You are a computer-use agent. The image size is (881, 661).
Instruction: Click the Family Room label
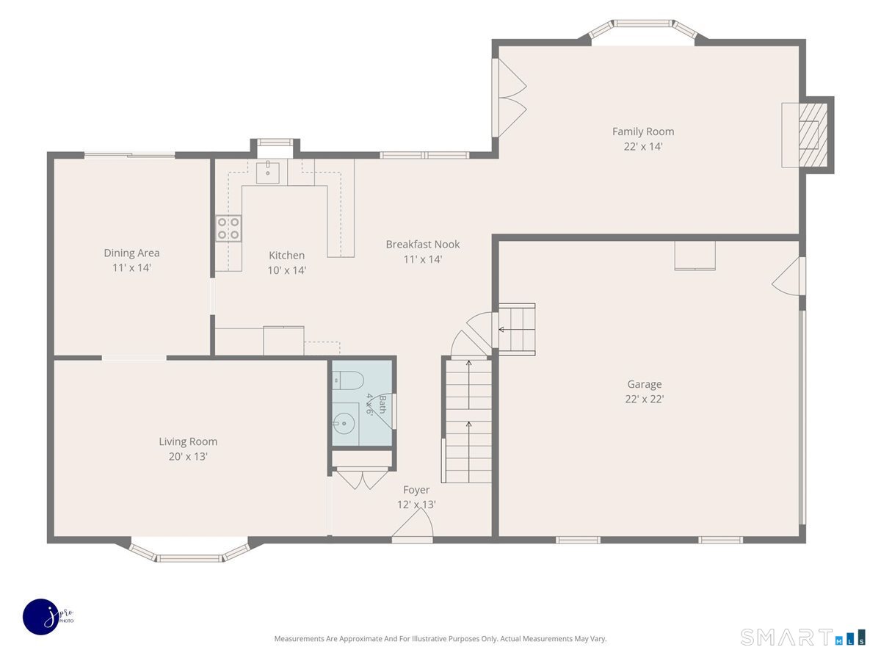pos(642,131)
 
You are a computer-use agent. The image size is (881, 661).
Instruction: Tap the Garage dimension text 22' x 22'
pos(644,399)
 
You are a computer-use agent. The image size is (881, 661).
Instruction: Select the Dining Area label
pos(131,253)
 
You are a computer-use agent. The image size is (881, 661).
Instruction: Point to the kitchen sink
pos(268,172)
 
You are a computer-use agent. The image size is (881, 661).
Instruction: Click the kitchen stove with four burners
pos(228,228)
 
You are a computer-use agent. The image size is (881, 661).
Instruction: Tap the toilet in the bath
pos(347,380)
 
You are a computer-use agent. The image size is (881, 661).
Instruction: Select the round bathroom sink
pos(344,424)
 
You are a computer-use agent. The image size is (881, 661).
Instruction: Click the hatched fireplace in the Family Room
pos(813,135)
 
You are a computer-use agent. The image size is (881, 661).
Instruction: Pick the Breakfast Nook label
pos(423,245)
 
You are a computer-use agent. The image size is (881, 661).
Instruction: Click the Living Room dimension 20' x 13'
pos(188,456)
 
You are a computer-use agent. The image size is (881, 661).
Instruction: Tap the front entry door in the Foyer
pos(413,526)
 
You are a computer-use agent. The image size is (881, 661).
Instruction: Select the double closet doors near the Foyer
pos(362,478)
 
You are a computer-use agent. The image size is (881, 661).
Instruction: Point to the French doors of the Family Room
pos(510,98)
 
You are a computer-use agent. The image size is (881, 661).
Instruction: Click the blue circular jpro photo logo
pos(41,617)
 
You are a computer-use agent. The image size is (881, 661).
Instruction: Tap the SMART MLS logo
pos(802,637)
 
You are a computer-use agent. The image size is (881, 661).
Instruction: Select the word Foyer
pos(416,490)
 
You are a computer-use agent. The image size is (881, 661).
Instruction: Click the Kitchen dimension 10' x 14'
pos(286,270)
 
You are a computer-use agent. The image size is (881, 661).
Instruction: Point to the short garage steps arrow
pos(517,330)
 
